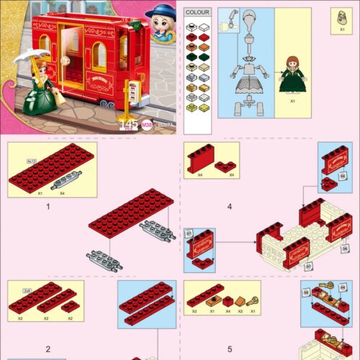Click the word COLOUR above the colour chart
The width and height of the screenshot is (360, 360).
coord(197,12)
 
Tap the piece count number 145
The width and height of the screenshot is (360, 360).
coord(128,125)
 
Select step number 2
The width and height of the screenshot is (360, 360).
coord(48,349)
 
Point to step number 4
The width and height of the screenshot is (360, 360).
coord(229,206)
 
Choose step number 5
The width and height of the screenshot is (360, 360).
coord(229,349)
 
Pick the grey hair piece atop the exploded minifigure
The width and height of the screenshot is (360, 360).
coord(248,19)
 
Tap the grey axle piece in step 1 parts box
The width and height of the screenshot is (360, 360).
coord(66,179)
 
